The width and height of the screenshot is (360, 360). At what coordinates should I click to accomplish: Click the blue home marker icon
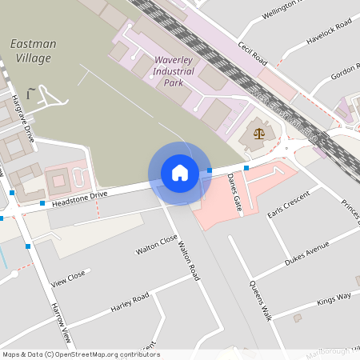coord(179,173)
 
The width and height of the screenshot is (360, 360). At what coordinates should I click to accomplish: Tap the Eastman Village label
coord(33,50)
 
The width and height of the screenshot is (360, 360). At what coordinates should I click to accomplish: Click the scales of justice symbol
coord(258,132)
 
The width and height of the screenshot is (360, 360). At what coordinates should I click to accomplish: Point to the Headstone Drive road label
coord(79,199)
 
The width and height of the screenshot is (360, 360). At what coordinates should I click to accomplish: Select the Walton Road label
coord(189,260)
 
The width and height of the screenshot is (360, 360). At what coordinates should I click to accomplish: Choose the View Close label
coord(68,279)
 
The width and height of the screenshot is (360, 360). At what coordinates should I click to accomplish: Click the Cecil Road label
coord(251,54)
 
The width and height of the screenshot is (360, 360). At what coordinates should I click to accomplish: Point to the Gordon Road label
coord(346,72)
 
